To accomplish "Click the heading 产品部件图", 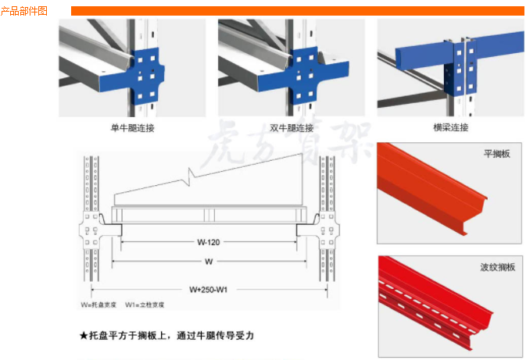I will pos(24,11).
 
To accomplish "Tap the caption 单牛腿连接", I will pos(133,128).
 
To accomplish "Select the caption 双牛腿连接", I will pos(292,128).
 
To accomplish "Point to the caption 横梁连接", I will pos(450,127).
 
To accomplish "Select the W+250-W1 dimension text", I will pos(209,288).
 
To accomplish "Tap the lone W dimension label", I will pos(209,261).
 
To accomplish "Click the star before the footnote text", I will pos(84,335).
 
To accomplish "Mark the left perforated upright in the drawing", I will pos(90,226).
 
